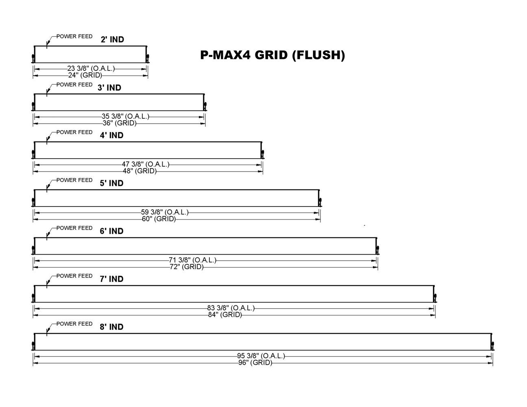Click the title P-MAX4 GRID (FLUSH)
[272, 55]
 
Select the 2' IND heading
[112, 39]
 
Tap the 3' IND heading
[109, 88]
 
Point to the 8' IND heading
[111, 327]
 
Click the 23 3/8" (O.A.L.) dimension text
[91, 69]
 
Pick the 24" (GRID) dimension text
[85, 75]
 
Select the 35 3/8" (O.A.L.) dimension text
[125, 117]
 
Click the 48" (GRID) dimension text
[140, 171]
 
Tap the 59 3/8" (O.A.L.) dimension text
[165, 212]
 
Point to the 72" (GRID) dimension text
[187, 267]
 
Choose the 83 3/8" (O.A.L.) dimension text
[231, 308]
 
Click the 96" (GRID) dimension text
[255, 363]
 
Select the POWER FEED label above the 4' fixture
[74, 133]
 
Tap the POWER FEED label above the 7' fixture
[74, 276]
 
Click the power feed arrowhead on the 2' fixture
[48, 43]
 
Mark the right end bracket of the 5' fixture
[320, 201]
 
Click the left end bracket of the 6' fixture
[33, 249]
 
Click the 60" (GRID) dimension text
[159, 219]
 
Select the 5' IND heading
[111, 183]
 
